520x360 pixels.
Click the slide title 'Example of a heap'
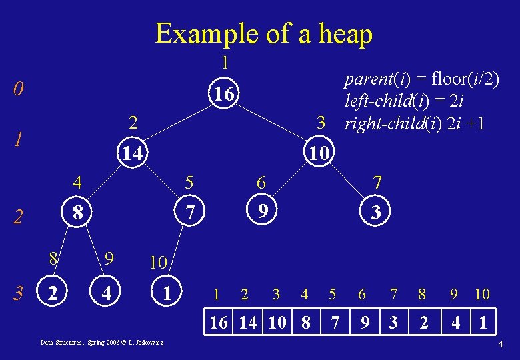263,33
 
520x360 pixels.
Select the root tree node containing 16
224,95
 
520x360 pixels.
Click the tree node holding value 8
78,213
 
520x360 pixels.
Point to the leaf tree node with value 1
169,292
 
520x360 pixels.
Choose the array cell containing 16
219,324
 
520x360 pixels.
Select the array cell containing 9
365,324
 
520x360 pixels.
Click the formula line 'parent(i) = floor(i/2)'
421,79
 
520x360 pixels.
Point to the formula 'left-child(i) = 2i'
404,101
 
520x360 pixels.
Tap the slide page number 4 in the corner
500,345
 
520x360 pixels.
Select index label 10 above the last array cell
481,293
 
